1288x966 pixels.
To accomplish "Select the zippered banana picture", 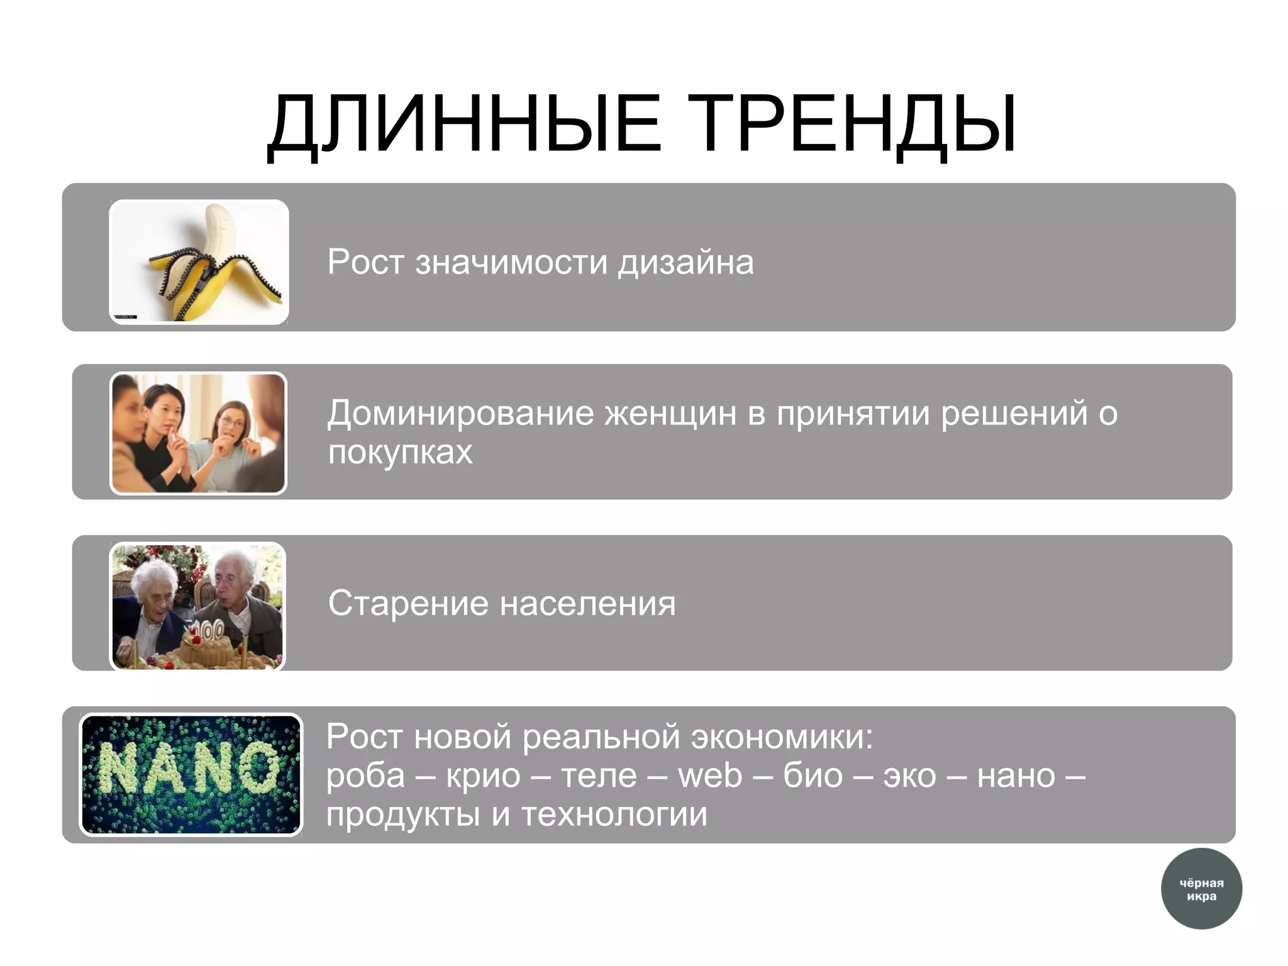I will [x=199, y=262].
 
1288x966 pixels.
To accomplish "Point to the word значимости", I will [x=511, y=262].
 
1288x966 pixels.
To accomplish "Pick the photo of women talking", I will [x=198, y=433].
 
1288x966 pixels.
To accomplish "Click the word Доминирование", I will [x=460, y=414].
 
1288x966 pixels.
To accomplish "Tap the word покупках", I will [x=400, y=452].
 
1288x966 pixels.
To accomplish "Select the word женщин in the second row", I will [x=670, y=414].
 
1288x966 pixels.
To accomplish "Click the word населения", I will [x=587, y=603].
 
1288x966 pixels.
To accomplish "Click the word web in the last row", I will [x=709, y=775].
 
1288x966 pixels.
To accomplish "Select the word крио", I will [x=483, y=775].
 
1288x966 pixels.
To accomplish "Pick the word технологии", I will [x=614, y=814].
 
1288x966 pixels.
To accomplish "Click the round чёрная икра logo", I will [x=1201, y=889].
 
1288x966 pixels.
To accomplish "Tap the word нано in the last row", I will [x=1016, y=775].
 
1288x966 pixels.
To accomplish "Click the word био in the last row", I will [x=813, y=775].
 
